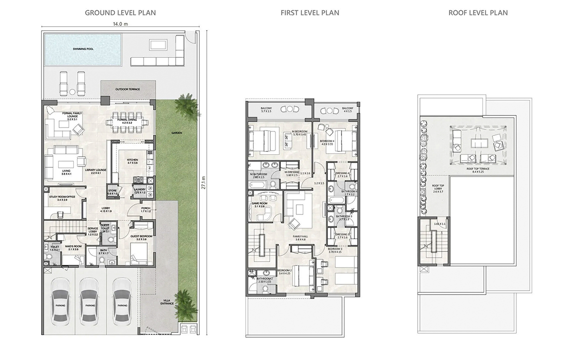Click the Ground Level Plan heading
(120, 13)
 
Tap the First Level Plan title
(309, 13)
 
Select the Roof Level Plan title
(478, 13)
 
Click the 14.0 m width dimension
(120, 23)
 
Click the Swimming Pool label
(83, 49)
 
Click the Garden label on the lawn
(176, 133)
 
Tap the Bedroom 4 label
(327, 142)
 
